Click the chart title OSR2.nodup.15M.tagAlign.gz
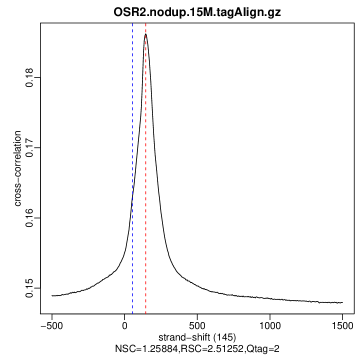(x=197, y=12)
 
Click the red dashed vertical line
(x=145, y=200)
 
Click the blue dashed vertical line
(x=132, y=150)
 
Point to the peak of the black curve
(x=145, y=34)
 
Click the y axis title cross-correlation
(x=17, y=169)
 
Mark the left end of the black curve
(x=52, y=295)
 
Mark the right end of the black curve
(x=342, y=302)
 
